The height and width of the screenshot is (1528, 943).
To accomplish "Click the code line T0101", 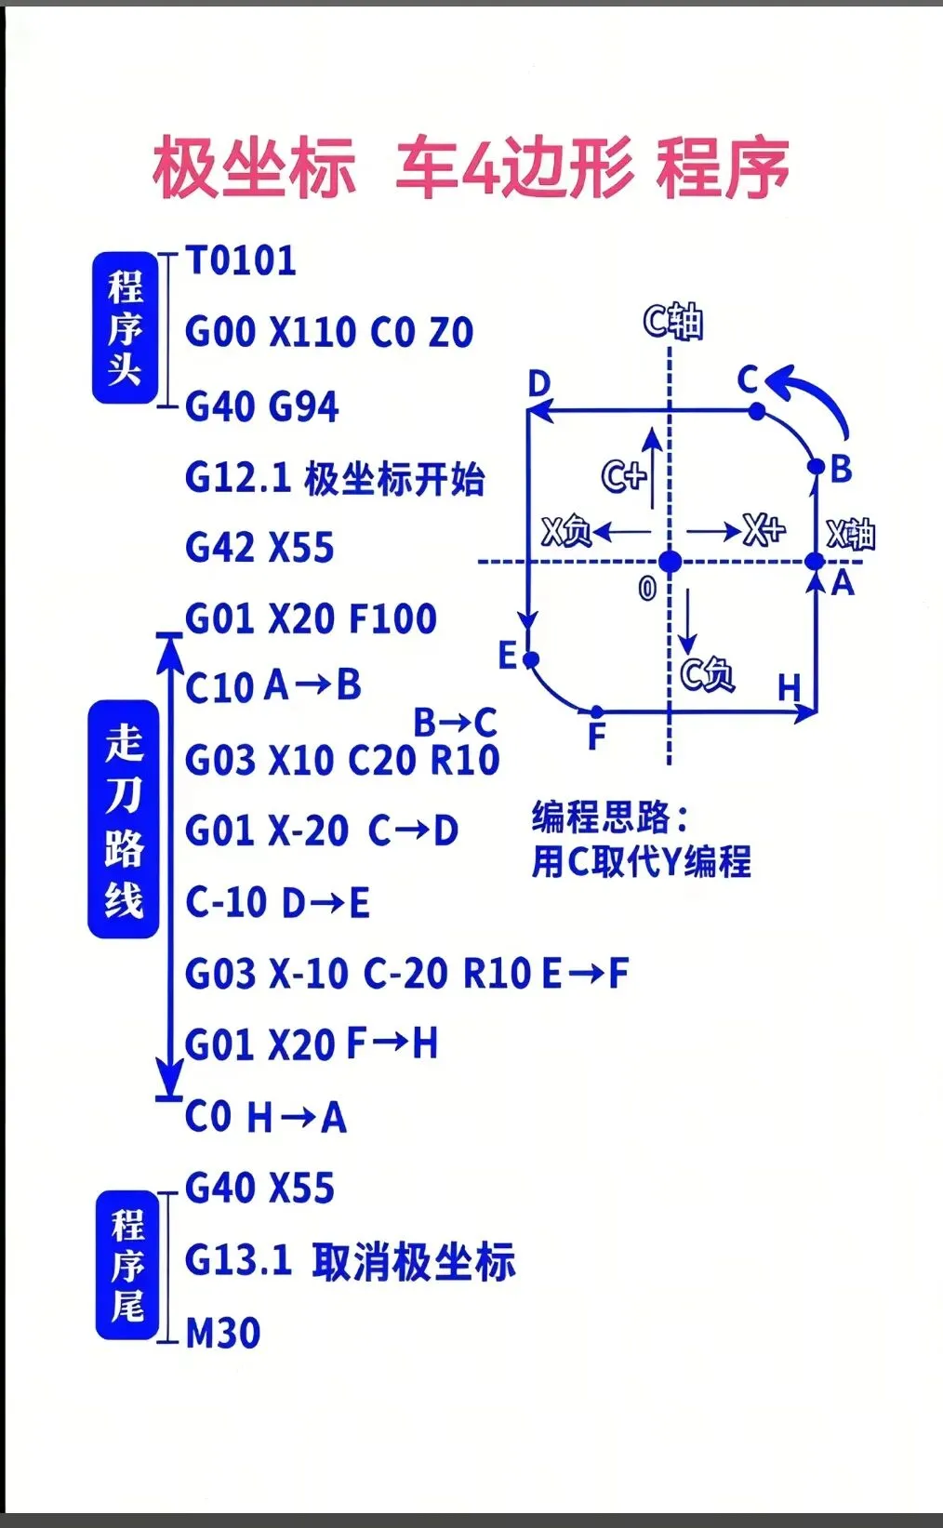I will pos(241,261).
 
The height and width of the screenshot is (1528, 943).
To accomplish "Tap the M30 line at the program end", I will pos(223,1333).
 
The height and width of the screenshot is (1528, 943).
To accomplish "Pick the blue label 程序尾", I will pos(127,1266).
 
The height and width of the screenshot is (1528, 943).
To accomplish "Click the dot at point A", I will pos(815,562).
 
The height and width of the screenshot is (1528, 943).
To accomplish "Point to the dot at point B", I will pos(816,466).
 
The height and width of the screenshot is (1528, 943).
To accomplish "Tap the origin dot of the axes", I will pos(670,562).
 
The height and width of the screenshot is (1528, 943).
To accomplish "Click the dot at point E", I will pos(531,659).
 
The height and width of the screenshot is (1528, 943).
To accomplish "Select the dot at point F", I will pos(598,712).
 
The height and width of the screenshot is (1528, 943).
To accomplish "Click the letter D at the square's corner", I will pos(539,383).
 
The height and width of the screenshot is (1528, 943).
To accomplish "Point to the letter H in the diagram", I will pos(789,688).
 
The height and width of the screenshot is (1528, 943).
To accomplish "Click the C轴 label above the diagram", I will pos(673,322).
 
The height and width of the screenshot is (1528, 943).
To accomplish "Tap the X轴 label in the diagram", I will pos(851,535).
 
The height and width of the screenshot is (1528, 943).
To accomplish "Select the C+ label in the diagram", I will pos(623,475).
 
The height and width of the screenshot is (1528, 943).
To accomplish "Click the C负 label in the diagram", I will pos(707,673).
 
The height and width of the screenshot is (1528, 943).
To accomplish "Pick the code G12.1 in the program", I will pos(238,478).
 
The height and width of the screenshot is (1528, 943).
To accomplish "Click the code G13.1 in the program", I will pos(238,1260).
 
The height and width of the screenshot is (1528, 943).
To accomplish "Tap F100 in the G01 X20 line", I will pos(392,618).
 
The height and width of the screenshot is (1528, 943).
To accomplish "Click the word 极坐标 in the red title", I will pos(254,167).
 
